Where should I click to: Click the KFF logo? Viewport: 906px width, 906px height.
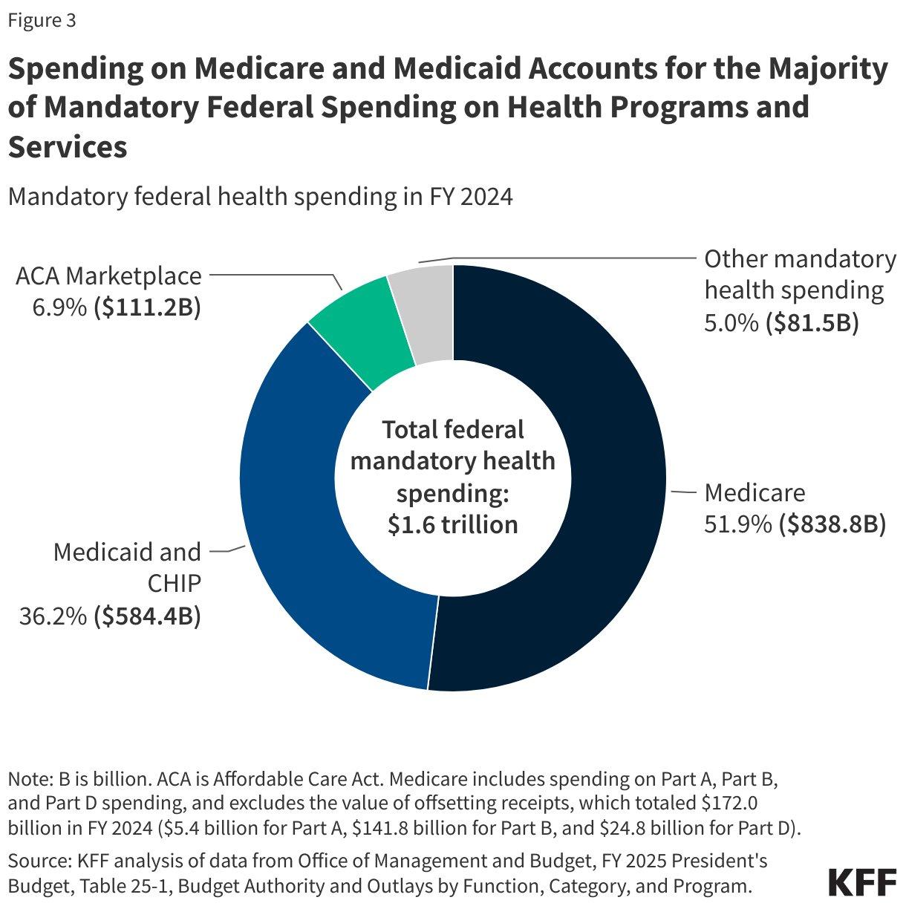coord(861,881)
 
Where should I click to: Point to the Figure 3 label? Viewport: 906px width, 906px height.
coord(42,21)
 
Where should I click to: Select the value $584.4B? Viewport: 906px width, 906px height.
coord(147,616)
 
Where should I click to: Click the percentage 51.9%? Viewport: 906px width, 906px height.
coord(737,524)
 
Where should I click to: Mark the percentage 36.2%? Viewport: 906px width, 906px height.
coord(53,616)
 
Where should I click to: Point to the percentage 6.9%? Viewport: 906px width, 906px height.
coord(59,307)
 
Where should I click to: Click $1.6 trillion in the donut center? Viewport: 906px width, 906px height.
coord(452,524)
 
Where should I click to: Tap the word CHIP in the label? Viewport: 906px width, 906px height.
coord(174,584)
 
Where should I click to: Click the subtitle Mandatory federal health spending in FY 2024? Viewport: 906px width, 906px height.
coord(260,197)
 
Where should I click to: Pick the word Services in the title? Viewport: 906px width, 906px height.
coord(68,147)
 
